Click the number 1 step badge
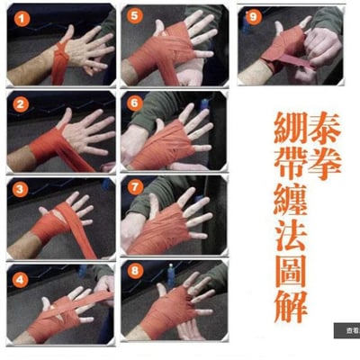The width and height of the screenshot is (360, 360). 19,17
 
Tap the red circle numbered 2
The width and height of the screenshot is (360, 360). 19,103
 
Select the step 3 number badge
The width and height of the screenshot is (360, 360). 19,188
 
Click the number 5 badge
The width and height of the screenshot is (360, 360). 134,17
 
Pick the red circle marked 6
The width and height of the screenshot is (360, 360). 134,103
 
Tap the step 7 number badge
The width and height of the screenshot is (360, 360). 134,188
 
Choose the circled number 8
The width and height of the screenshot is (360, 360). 134,271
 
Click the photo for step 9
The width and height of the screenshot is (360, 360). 290,45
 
